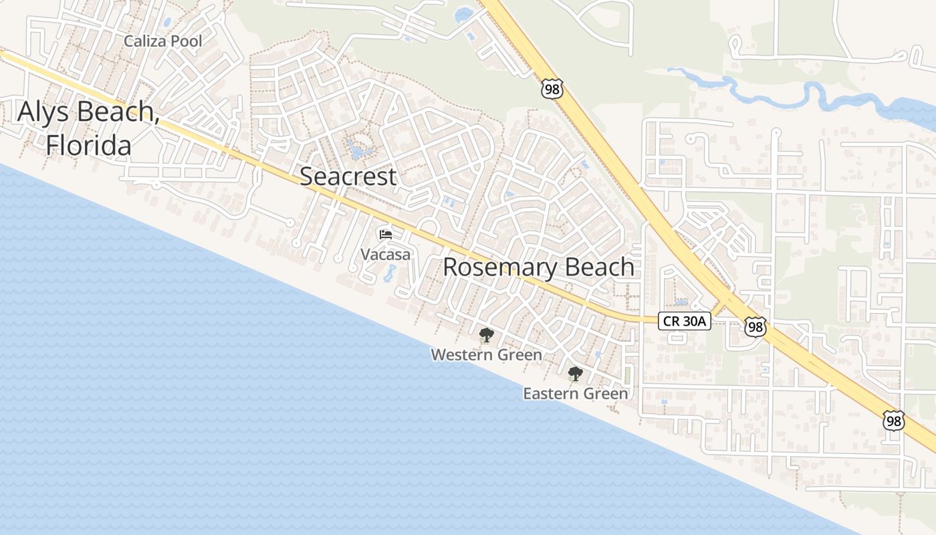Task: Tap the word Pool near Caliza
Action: pyautogui.click(x=187, y=41)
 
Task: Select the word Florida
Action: pyautogui.click(x=88, y=144)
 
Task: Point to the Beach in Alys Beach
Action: pyautogui.click(x=116, y=111)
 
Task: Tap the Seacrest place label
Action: pyautogui.click(x=348, y=177)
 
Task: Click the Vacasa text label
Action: pyautogui.click(x=386, y=255)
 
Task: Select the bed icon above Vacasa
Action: pyautogui.click(x=386, y=234)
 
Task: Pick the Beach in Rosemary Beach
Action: pyautogui.click(x=599, y=267)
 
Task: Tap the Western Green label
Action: pyautogui.click(x=486, y=354)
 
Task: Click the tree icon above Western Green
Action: pyautogui.click(x=486, y=335)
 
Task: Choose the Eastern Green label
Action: pyautogui.click(x=575, y=393)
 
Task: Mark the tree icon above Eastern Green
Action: pyautogui.click(x=574, y=374)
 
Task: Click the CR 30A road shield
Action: pyautogui.click(x=685, y=321)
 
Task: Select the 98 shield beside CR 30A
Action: pyautogui.click(x=755, y=326)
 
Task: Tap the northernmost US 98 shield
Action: pyautogui.click(x=553, y=88)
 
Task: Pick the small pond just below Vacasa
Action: pyautogui.click(x=390, y=272)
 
